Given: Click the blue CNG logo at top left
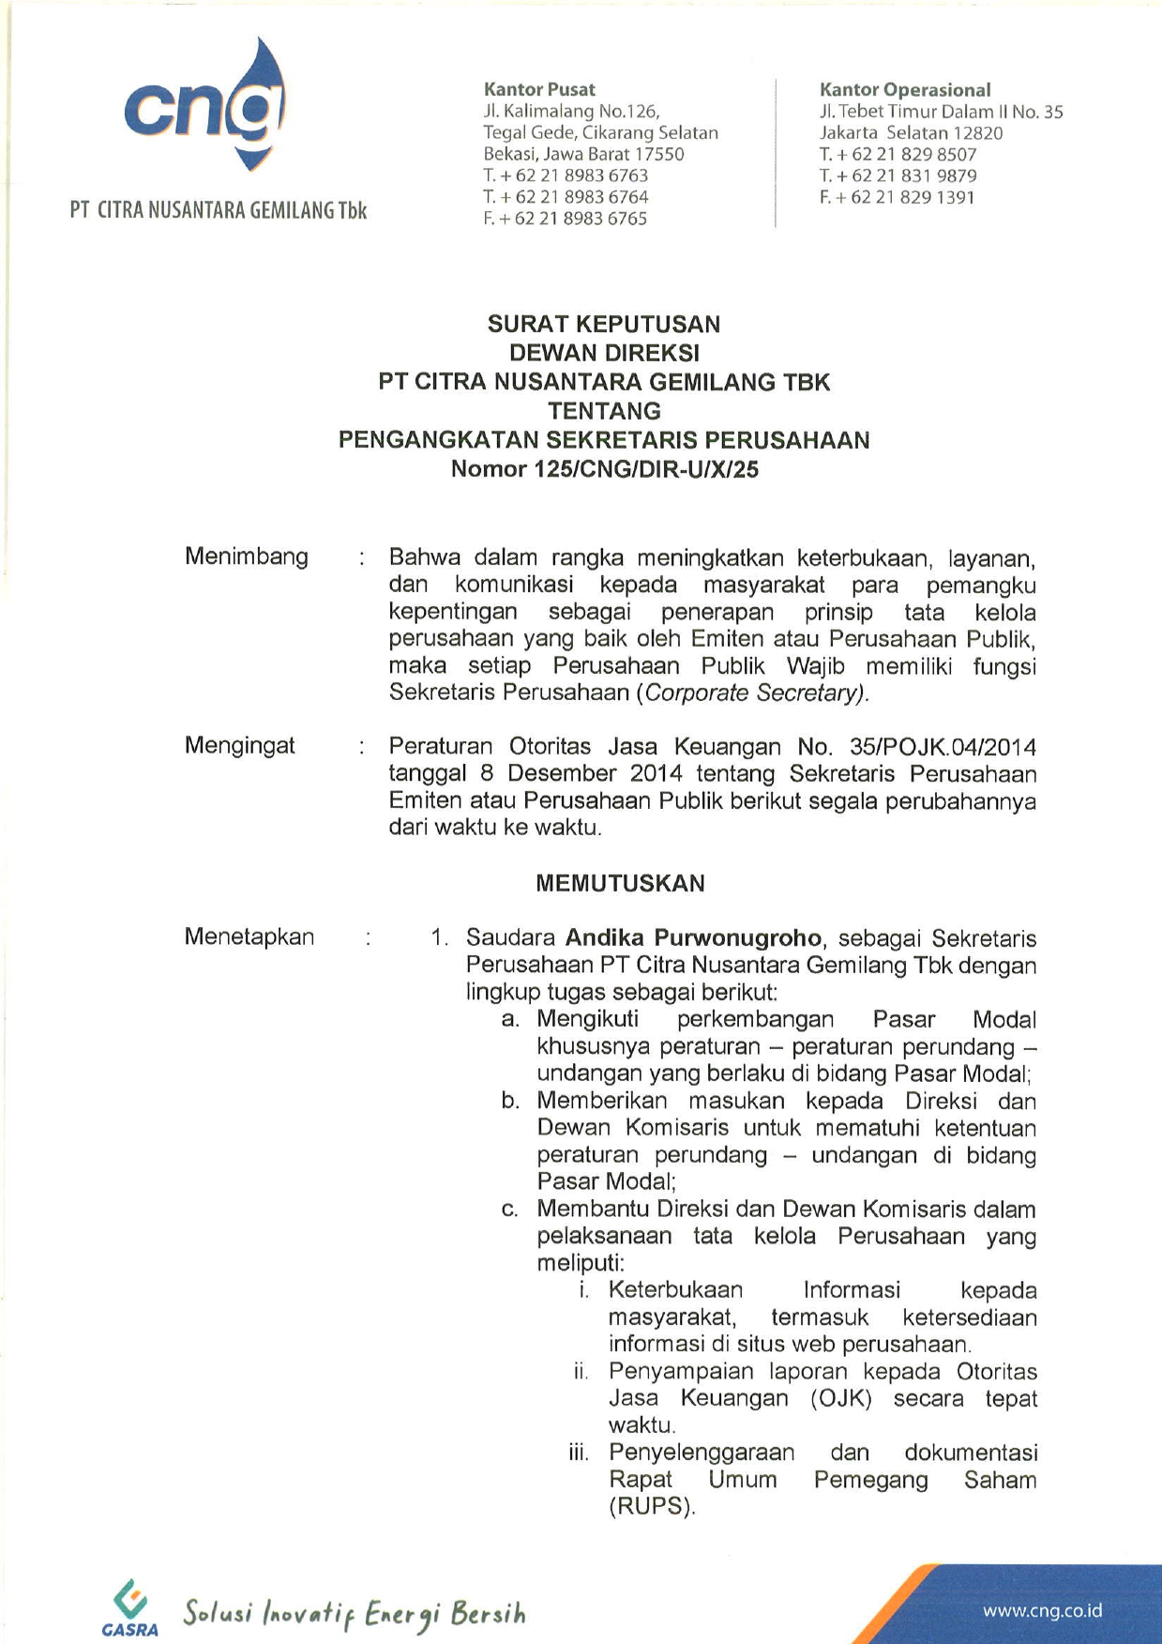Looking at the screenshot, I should coord(204,107).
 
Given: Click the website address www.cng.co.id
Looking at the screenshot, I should coord(1042,1611).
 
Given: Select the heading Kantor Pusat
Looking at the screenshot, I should coord(539,90).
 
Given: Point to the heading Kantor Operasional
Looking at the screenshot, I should coord(904,90).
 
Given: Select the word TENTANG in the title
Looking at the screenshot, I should coord(604,411).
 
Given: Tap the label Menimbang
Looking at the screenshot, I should coord(247,556).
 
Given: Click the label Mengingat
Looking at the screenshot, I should coord(239,746).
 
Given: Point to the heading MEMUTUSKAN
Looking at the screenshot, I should coord(620,883).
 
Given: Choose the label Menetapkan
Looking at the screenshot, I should coord(249,936).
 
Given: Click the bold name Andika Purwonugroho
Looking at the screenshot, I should coord(694,937).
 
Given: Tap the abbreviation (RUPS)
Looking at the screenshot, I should coord(652,1507).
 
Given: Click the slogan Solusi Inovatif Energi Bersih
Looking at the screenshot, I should coord(355,1612).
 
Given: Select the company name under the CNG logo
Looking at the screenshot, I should coord(219,210).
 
